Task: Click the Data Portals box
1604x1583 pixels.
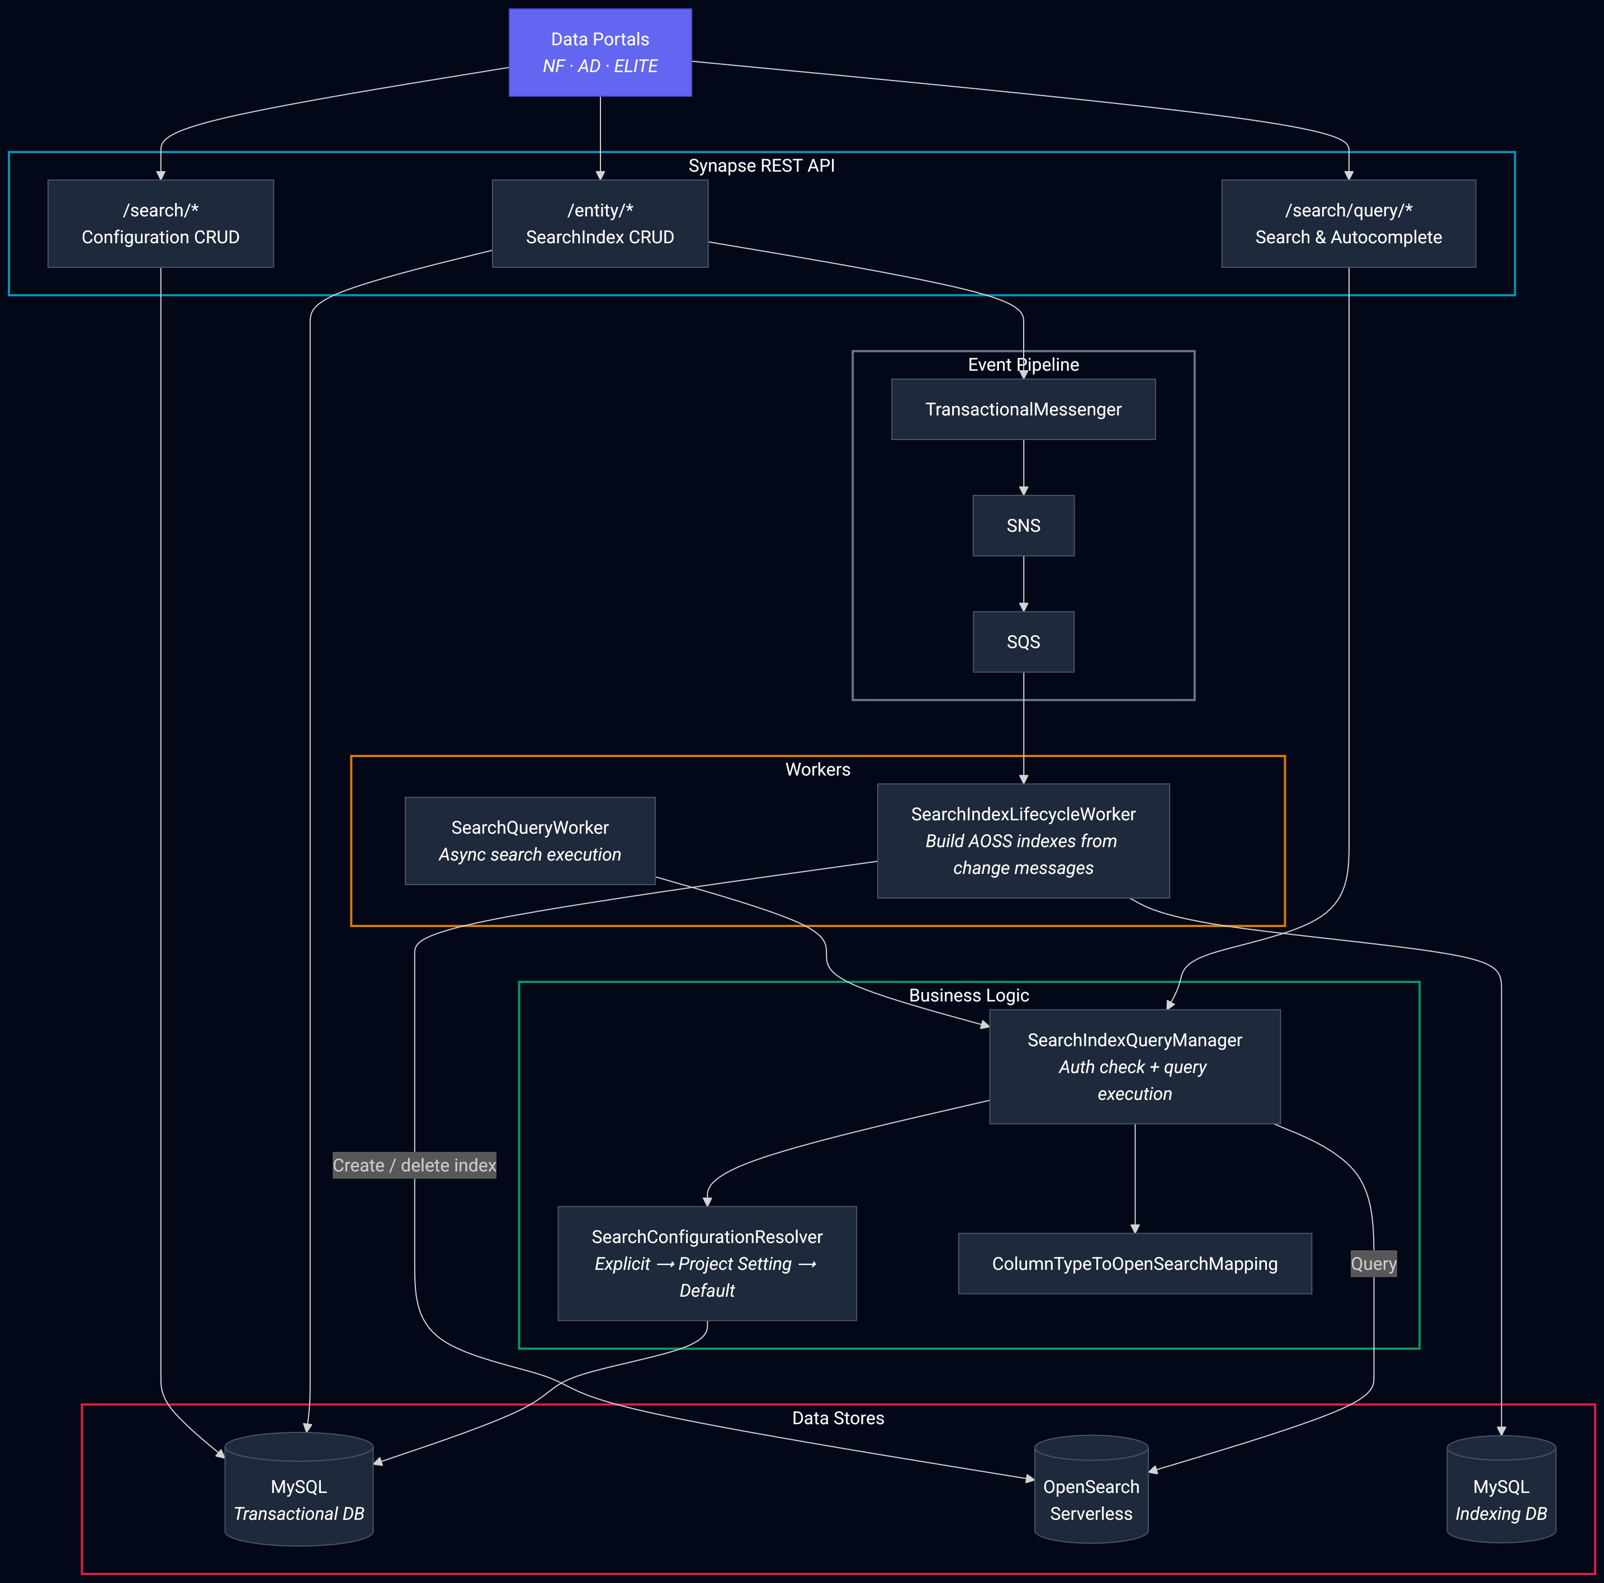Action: coord(599,53)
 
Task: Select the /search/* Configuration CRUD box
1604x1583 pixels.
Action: coord(160,224)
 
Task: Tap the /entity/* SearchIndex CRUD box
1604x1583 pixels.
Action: coord(599,224)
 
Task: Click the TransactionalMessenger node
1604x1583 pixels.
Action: coord(1023,409)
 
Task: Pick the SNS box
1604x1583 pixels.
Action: coord(1023,526)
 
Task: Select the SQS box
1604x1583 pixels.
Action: coord(1023,642)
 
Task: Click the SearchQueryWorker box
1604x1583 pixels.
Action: coord(529,840)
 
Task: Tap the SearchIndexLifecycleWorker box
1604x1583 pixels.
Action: coord(1023,840)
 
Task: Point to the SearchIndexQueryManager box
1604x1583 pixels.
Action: coord(1134,1066)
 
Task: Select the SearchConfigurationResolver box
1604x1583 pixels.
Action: coord(707,1263)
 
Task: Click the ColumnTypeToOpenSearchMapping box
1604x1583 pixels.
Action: coord(1134,1263)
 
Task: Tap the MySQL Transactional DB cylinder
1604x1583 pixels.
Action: coord(299,1495)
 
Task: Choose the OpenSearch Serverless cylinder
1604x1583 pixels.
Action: coord(1091,1495)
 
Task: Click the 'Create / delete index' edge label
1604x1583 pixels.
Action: coord(414,1165)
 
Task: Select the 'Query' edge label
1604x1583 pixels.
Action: coord(1373,1263)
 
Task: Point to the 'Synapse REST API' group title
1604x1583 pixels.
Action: coord(761,166)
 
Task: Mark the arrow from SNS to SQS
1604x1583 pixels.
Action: coord(1023,584)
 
